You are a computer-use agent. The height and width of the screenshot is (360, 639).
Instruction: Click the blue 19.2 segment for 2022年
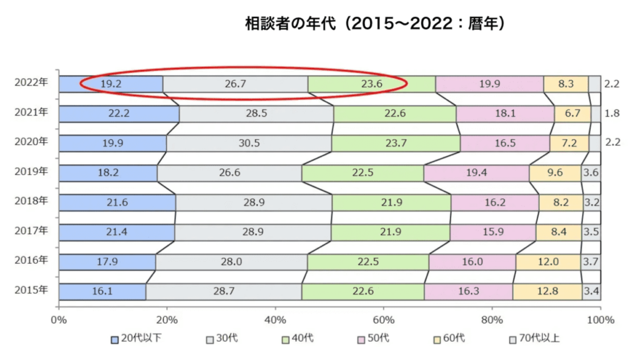point(111,84)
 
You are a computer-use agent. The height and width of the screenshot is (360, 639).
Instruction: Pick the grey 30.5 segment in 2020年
point(249,143)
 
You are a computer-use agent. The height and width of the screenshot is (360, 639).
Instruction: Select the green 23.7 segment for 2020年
point(396,143)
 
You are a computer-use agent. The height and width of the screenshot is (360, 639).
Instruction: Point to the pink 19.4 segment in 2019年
point(476,173)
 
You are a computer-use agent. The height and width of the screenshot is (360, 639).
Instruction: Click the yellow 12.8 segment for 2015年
point(548,291)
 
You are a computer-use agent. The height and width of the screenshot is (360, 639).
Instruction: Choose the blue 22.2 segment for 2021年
point(119,114)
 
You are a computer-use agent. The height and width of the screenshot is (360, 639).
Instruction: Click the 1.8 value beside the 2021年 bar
point(612,114)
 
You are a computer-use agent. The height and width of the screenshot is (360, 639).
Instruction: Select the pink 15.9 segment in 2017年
point(493,232)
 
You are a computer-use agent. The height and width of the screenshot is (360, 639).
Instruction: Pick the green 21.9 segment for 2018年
point(391,203)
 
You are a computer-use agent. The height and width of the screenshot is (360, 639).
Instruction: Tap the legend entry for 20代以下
point(135,339)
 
